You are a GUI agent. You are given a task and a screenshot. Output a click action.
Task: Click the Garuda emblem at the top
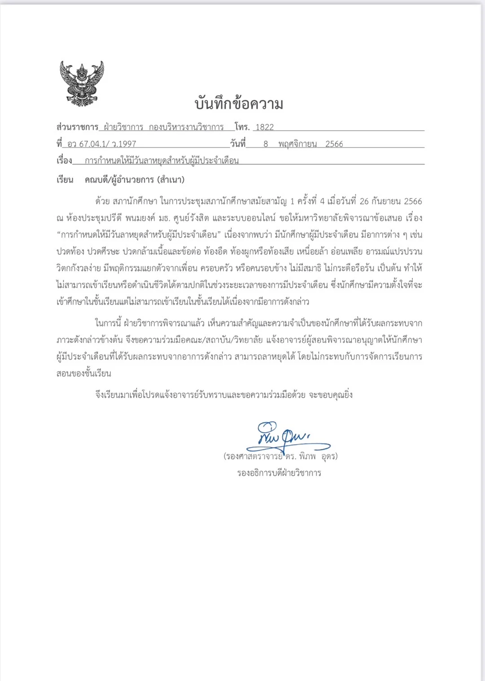point(82,83)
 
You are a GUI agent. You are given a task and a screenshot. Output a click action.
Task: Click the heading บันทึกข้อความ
point(239,104)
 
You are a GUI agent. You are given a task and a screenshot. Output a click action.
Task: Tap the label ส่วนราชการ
point(77,127)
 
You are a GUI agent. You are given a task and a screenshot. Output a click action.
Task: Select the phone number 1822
point(264,127)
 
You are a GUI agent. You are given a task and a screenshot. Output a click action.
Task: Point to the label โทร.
point(242,127)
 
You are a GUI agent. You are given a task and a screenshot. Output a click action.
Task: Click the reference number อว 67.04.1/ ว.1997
point(101,144)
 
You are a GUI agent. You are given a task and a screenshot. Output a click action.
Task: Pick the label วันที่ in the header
point(238,144)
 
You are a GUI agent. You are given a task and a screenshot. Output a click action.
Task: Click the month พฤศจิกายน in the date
point(297,144)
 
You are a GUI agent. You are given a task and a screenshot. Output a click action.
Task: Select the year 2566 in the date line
point(334,144)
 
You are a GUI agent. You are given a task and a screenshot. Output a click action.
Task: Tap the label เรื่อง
point(64,161)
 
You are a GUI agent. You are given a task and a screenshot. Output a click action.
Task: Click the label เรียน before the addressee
point(65,180)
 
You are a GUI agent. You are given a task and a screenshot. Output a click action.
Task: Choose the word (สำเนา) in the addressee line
point(170,180)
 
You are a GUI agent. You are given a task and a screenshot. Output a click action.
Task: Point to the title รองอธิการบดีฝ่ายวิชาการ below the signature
point(279,473)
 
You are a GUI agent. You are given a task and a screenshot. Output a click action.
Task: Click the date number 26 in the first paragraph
point(364,201)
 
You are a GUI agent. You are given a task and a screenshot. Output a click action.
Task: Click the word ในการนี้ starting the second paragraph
point(108,323)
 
